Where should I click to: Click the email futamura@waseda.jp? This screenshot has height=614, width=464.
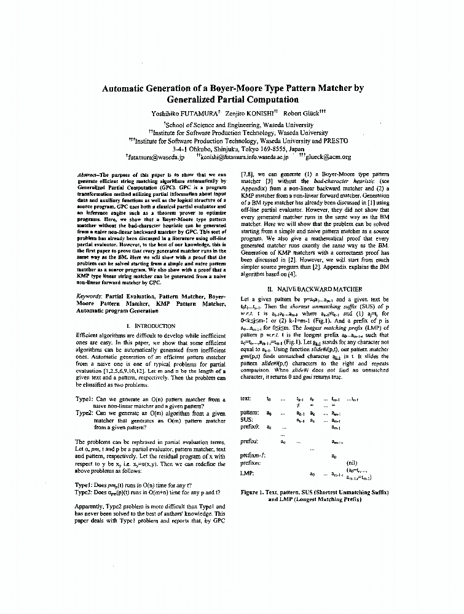(156, 157)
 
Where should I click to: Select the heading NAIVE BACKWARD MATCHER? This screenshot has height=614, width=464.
(311, 289)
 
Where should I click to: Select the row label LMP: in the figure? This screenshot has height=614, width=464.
(247, 474)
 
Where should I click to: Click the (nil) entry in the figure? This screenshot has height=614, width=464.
(352, 463)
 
